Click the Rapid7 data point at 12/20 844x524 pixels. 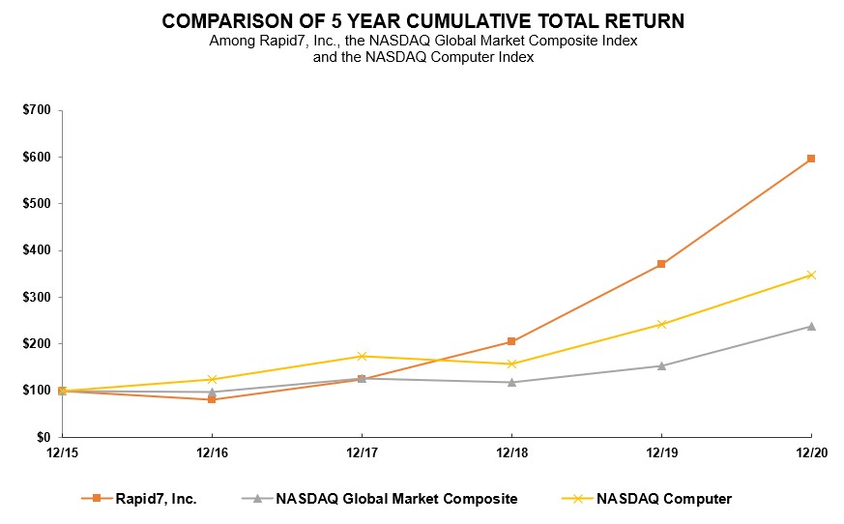coord(811,159)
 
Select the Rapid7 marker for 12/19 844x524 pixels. coord(661,264)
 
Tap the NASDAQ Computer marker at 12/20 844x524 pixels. coord(811,275)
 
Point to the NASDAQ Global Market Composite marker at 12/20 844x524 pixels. coord(811,326)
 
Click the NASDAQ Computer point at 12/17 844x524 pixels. coord(362,357)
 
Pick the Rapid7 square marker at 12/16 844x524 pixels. coord(212,399)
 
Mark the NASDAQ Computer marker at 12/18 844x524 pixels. coord(511,364)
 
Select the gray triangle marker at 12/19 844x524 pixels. coord(661,365)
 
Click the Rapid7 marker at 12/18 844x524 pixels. coord(511,341)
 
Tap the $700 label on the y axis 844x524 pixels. coord(38,110)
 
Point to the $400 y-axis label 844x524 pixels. coord(38,250)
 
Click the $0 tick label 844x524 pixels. coord(44,437)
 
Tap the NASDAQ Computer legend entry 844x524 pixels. coord(664,499)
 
